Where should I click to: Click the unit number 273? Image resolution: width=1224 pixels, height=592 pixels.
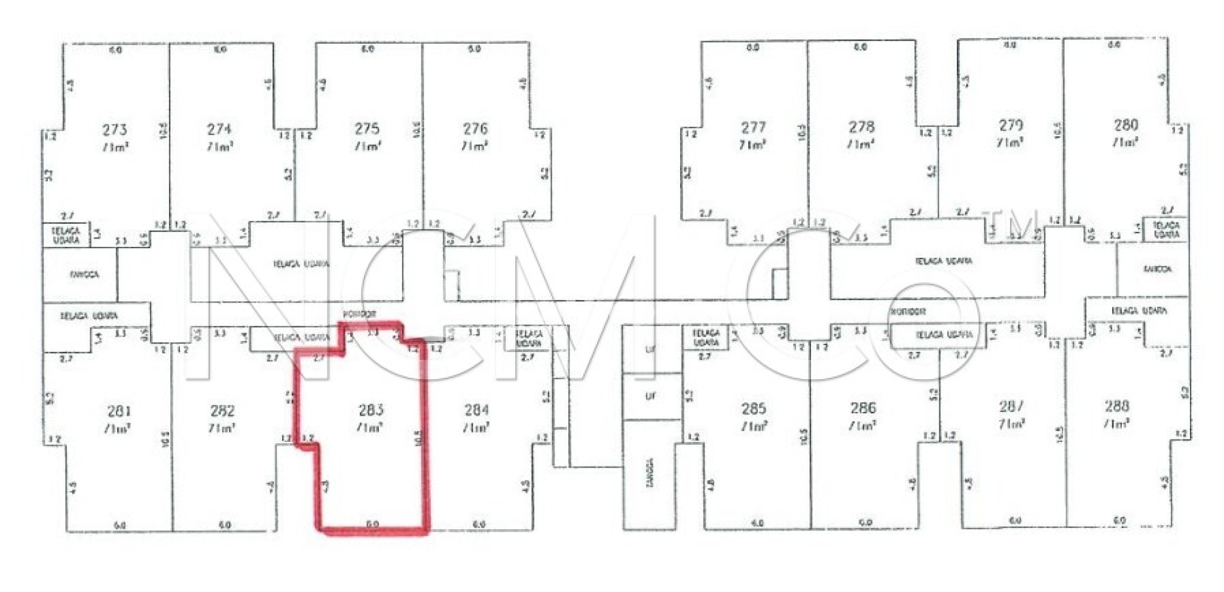(x=114, y=130)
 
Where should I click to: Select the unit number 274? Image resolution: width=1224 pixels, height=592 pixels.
(x=219, y=129)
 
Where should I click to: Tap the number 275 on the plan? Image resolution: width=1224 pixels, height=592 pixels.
(x=367, y=129)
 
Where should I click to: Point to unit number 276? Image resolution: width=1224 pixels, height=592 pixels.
(x=475, y=129)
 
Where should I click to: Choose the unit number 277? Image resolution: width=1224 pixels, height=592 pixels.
(x=753, y=127)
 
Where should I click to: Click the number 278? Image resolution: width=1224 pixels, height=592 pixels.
(x=861, y=127)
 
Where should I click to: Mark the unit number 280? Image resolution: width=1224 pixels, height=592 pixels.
(x=1125, y=125)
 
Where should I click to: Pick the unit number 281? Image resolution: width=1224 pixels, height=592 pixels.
(x=120, y=411)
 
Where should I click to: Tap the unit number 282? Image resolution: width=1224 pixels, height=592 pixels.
(x=222, y=411)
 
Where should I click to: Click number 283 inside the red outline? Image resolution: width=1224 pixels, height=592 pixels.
(x=371, y=410)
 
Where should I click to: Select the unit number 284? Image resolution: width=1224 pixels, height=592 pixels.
(x=476, y=410)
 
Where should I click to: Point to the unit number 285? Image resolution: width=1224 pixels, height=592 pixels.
(x=754, y=409)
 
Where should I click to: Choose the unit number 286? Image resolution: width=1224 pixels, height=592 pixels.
(x=863, y=408)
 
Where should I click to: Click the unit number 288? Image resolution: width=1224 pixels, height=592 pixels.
(x=1116, y=407)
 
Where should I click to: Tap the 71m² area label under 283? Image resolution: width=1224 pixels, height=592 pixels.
(x=369, y=428)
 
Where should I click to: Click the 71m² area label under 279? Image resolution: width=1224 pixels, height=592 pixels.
(x=1010, y=143)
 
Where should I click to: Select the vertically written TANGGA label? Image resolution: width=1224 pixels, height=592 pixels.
(x=650, y=473)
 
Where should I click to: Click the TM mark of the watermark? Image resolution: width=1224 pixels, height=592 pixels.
(x=1020, y=224)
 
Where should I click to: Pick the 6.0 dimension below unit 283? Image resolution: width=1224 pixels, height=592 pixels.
(x=372, y=524)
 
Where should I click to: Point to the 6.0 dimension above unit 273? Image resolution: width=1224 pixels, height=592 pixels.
(x=115, y=50)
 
